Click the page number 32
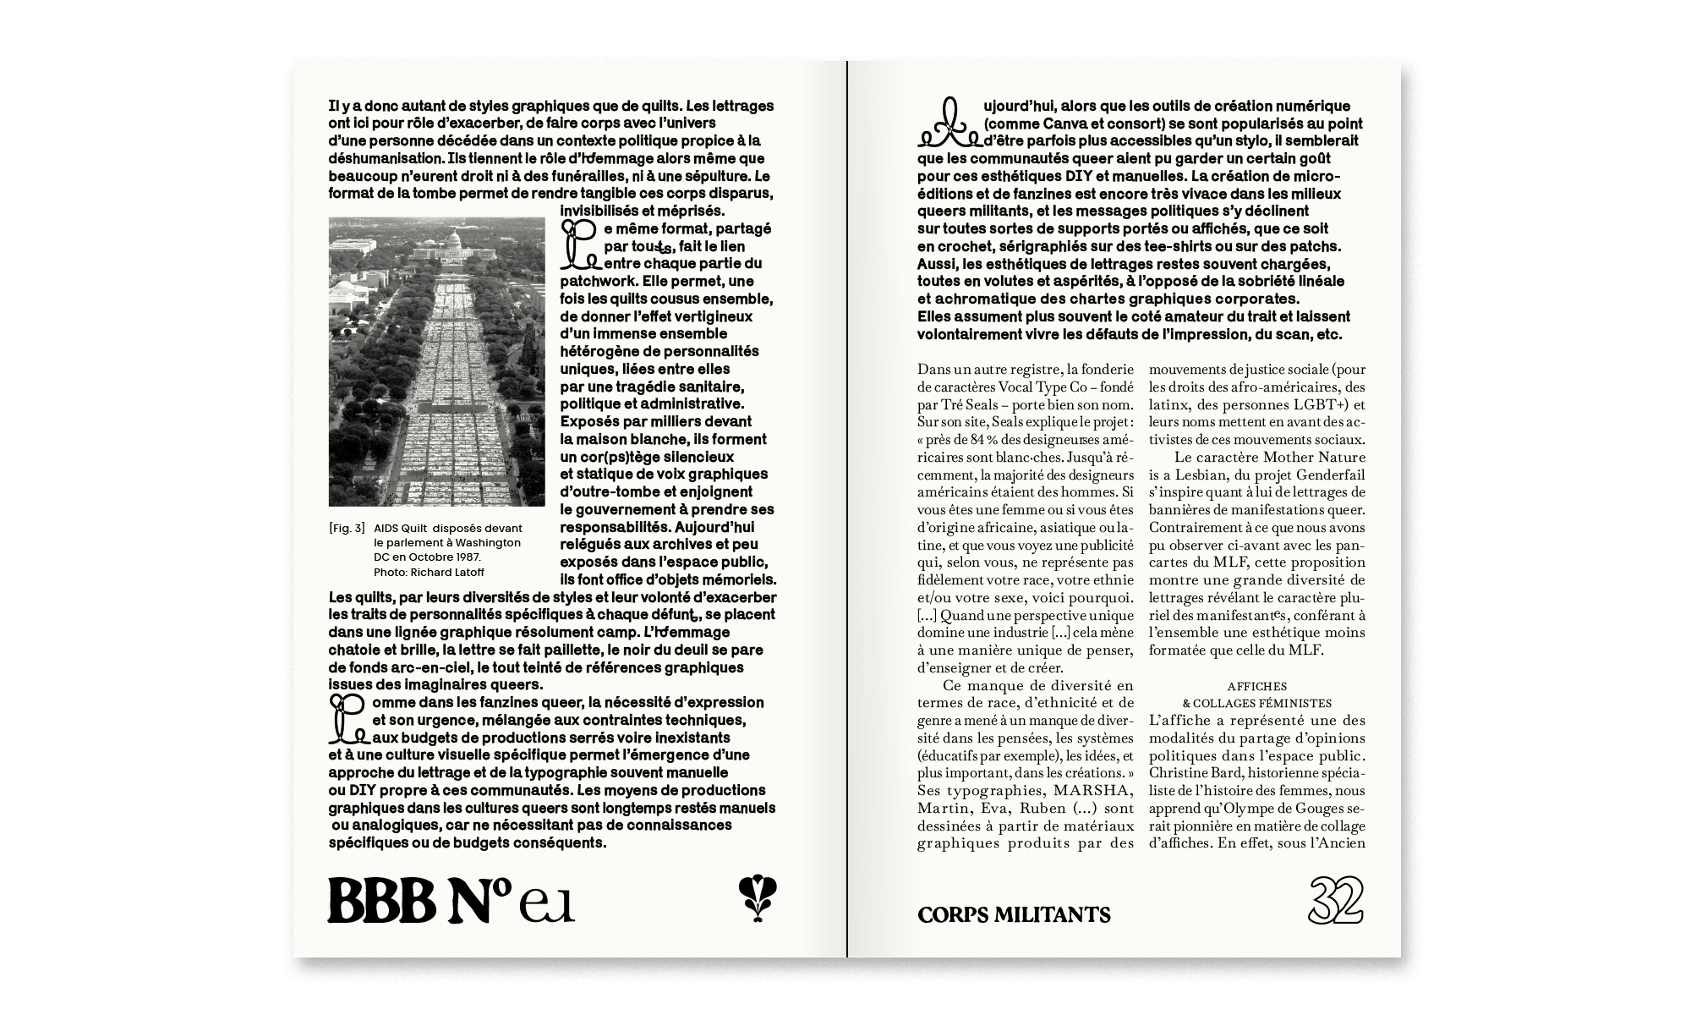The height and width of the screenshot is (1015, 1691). (x=1336, y=901)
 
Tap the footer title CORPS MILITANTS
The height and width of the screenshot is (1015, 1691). (x=1014, y=914)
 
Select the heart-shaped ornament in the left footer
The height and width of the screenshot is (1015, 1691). (x=758, y=898)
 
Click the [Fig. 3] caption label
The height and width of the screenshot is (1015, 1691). (x=347, y=529)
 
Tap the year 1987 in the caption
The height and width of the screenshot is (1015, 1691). (x=464, y=557)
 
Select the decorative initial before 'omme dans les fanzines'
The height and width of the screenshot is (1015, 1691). (x=347, y=719)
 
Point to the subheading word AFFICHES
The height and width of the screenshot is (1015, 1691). (x=1256, y=686)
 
